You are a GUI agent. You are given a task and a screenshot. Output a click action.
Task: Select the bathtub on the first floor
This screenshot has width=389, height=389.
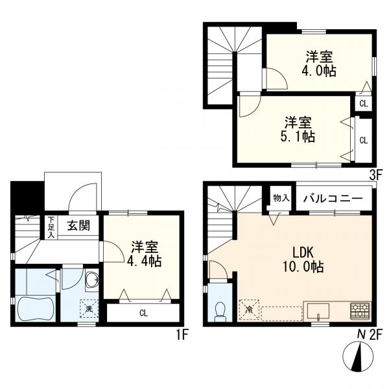[x=36, y=307]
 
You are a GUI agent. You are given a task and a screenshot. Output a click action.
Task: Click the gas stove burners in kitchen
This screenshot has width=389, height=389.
[x=359, y=309]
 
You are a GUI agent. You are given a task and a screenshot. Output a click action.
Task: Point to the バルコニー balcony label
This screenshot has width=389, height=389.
[x=333, y=198]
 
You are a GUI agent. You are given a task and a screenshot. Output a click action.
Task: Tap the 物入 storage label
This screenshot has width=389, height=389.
[x=279, y=198]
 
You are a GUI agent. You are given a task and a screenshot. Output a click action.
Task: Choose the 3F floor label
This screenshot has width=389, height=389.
[x=374, y=174]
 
